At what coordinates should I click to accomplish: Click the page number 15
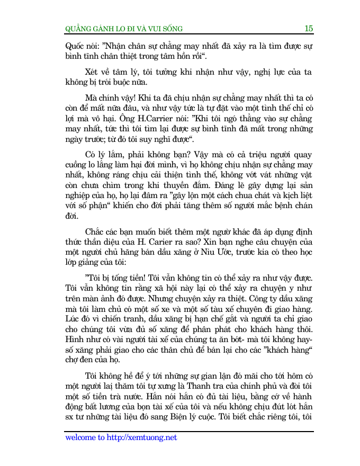pyautogui.click(x=309, y=29)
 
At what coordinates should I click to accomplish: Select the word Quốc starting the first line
pyautogui.click(x=75, y=46)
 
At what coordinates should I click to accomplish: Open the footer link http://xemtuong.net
pyautogui.click(x=141, y=437)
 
